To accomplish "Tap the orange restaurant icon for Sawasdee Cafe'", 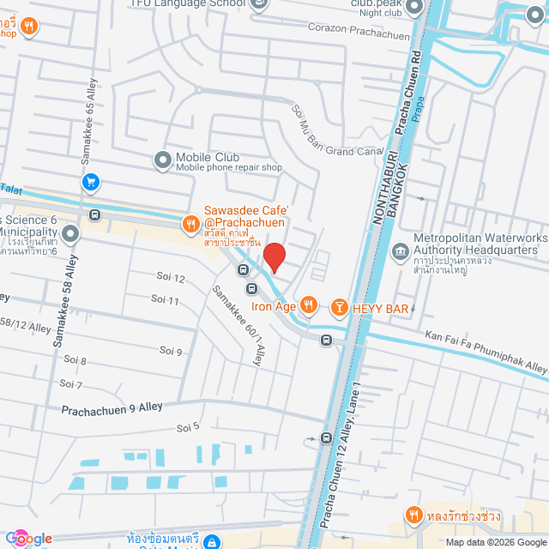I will click(x=190, y=225).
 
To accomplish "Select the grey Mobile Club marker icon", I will click(x=163, y=160).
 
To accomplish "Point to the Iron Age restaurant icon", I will click(x=310, y=305).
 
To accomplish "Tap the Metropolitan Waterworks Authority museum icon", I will click(x=400, y=251).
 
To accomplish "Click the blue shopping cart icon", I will click(x=90, y=182).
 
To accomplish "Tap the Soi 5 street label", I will click(x=188, y=426).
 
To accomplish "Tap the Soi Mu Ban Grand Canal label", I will click(x=335, y=130).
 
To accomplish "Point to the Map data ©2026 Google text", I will click(x=495, y=542).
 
